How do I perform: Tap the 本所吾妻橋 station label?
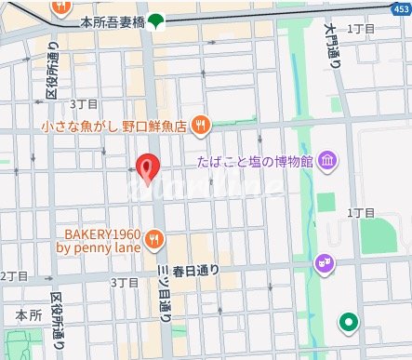[112, 20]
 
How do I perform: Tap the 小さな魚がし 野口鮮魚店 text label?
[115, 125]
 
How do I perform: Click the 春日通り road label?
[196, 271]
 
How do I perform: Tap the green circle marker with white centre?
[349, 323]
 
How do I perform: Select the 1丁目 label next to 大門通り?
[360, 29]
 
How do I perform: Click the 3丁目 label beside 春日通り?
[125, 281]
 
